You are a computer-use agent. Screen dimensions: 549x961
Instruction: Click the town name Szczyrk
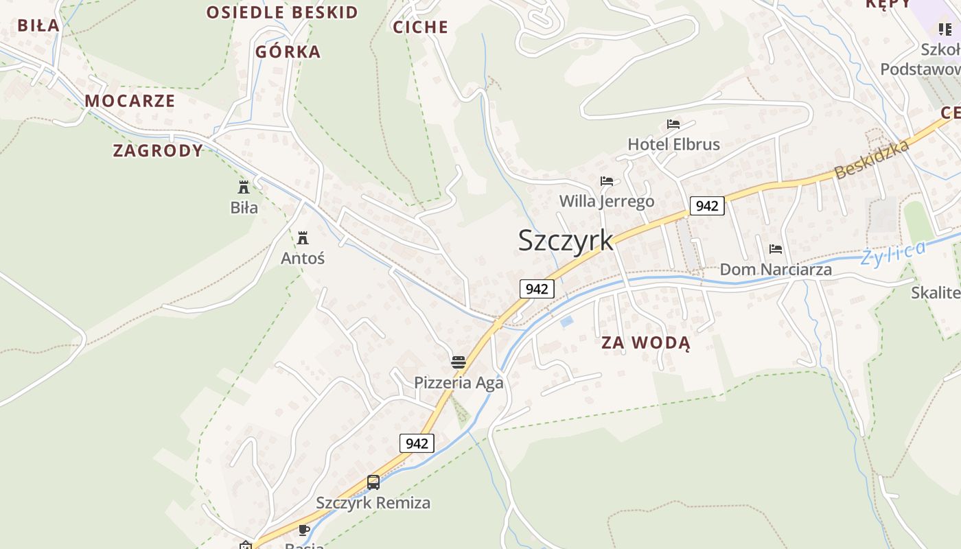(x=566, y=240)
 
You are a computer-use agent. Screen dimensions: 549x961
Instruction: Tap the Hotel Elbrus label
(x=673, y=144)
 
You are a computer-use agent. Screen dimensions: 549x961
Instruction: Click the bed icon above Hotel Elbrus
(x=673, y=124)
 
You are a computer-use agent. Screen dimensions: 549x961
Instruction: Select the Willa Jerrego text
(x=606, y=201)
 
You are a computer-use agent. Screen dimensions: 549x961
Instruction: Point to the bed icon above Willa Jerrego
(x=607, y=181)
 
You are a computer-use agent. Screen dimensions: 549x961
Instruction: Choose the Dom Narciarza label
(x=776, y=270)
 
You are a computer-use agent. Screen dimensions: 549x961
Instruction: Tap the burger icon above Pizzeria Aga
(x=459, y=362)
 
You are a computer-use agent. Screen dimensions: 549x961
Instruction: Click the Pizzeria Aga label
(x=459, y=382)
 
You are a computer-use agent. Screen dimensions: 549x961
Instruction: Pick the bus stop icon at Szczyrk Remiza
(x=373, y=482)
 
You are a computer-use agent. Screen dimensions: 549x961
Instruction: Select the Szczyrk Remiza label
(x=373, y=503)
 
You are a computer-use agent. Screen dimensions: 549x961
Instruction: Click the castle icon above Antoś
(x=303, y=238)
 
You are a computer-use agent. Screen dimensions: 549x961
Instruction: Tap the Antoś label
(x=303, y=259)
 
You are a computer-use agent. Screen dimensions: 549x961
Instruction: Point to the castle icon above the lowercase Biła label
(x=244, y=187)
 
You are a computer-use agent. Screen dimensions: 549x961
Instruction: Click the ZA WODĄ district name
(x=646, y=342)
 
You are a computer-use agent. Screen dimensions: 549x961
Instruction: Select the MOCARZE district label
(x=130, y=101)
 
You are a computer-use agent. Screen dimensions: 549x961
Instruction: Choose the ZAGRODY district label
(x=158, y=151)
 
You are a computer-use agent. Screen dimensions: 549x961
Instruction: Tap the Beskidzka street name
(x=872, y=159)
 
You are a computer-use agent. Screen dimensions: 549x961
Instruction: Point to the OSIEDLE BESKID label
(x=282, y=12)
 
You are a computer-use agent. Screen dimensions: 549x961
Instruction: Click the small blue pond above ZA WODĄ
(x=566, y=320)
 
